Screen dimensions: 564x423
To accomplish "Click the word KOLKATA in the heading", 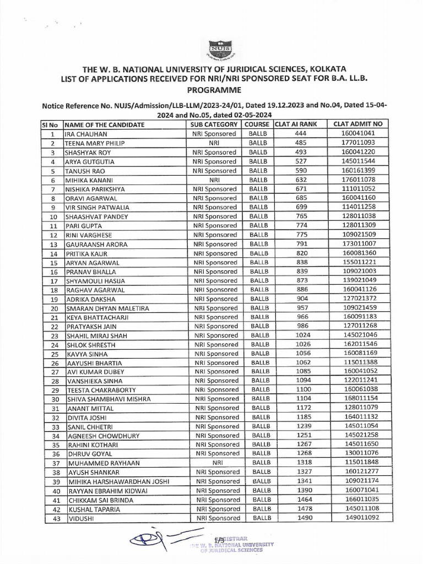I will click(324, 69).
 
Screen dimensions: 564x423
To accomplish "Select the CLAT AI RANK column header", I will click(296, 124).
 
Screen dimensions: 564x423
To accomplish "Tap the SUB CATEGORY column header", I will click(214, 124).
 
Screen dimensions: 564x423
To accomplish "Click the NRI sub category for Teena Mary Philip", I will click(214, 143).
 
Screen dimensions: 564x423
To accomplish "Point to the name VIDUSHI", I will click(80, 518).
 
